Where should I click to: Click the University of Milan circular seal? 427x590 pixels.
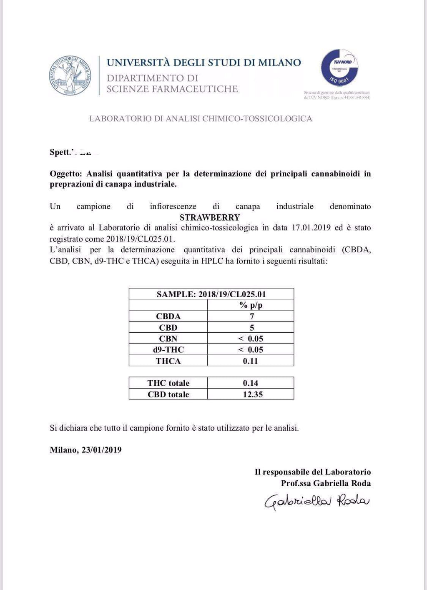click(70, 75)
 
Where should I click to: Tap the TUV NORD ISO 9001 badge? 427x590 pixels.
click(339, 68)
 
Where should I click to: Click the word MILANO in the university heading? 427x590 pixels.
click(279, 63)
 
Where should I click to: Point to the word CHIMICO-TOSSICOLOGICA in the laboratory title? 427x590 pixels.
click(257, 118)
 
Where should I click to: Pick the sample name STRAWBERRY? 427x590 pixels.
click(210, 217)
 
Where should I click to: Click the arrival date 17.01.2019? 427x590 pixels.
click(311, 228)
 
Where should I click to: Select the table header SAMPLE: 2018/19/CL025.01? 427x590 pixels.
click(211, 294)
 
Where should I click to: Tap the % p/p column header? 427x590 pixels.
click(251, 305)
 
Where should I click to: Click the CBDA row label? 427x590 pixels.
click(168, 316)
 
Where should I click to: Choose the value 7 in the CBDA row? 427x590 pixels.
click(251, 316)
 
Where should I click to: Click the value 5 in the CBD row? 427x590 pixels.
click(251, 328)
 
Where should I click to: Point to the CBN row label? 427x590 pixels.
click(168, 339)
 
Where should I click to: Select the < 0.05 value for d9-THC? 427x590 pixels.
click(251, 350)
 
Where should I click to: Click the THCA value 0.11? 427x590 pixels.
click(251, 361)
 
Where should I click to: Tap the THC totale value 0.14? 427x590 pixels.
click(251, 383)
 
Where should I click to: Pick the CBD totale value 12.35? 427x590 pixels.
click(253, 394)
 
